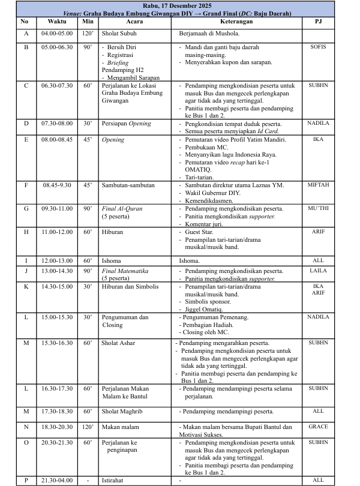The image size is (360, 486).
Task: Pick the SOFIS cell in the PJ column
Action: pyautogui.click(x=318, y=47)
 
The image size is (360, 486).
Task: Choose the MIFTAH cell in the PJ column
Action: pyautogui.click(x=318, y=185)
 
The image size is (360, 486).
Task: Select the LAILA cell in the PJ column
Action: pyautogui.click(x=318, y=271)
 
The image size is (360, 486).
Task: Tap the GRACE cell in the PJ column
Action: pyautogui.click(x=318, y=427)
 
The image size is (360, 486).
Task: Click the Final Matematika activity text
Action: pyautogui.click(x=124, y=271)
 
